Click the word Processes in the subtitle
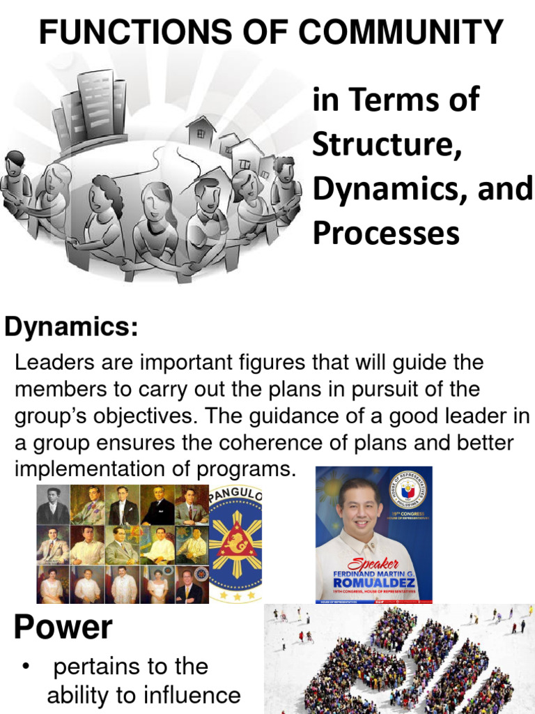pos(386,233)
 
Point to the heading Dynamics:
pos(71,326)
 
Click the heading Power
pos(63,628)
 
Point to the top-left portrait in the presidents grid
pos(53,504)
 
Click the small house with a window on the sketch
pos(201,132)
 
